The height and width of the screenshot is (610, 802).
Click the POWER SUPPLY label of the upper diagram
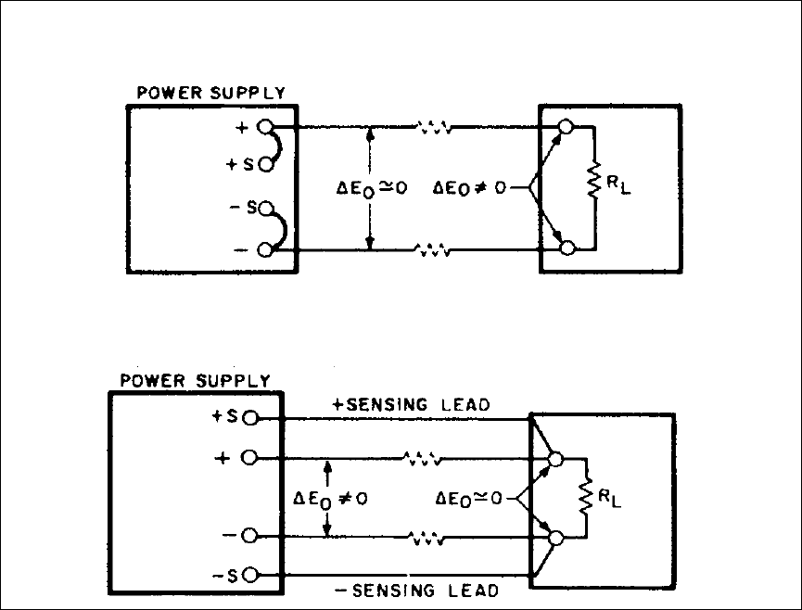coord(210,93)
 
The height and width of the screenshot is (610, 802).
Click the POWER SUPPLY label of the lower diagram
coord(196,381)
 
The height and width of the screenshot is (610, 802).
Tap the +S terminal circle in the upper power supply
coord(265,165)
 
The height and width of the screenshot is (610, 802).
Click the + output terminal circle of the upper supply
coord(265,125)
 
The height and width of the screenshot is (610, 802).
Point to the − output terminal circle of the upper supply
coord(265,248)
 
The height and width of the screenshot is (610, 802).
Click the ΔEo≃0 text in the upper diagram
coord(372,188)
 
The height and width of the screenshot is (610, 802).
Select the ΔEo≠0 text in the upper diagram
coord(470,188)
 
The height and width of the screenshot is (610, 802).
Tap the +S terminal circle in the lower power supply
coord(248,418)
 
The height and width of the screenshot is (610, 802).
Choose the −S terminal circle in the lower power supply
coord(248,575)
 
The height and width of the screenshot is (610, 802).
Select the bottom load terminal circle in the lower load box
coord(556,536)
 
